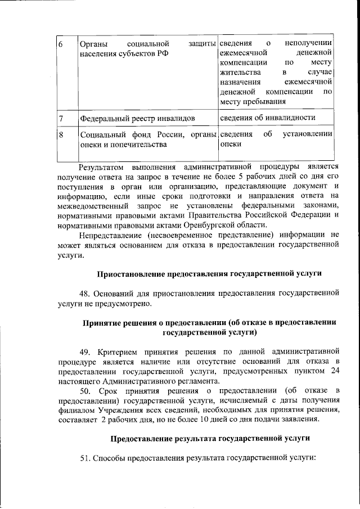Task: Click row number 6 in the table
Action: point(61,43)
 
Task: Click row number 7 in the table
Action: point(61,118)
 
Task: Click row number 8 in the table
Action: point(61,135)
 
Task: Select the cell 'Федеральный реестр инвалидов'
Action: point(138,119)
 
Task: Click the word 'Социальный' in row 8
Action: point(100,135)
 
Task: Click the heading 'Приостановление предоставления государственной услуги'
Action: point(209,274)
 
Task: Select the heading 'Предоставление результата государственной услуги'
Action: point(210,438)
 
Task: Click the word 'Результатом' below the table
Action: point(101,167)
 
